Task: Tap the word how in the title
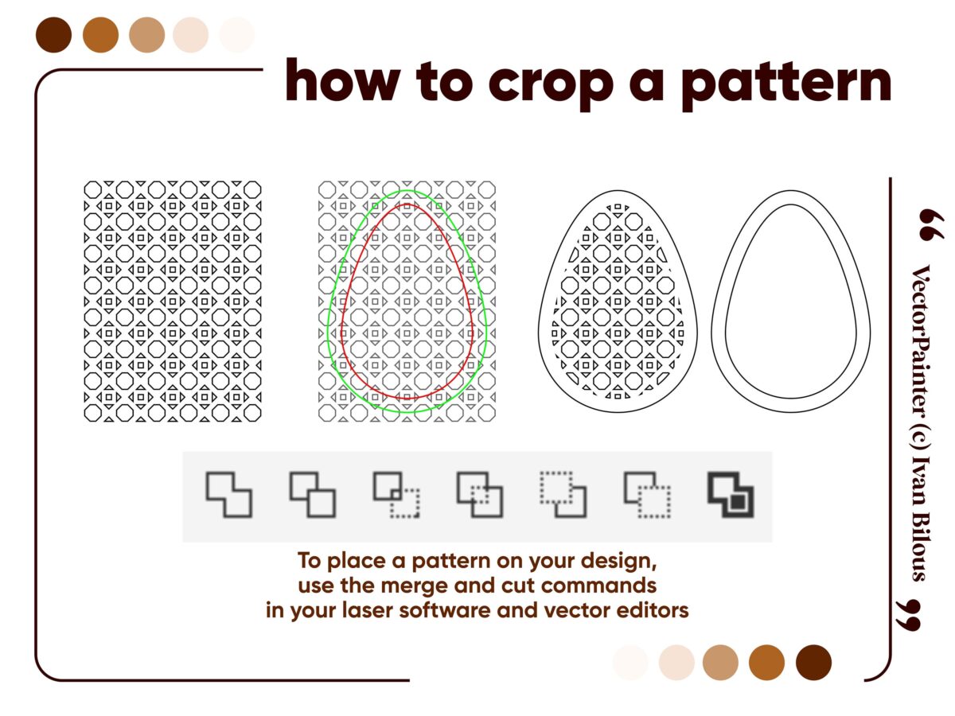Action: (342, 80)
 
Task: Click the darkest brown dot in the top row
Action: (53, 35)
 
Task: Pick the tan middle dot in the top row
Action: (147, 35)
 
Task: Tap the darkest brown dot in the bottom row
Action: (813, 662)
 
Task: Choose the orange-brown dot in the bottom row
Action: (766, 662)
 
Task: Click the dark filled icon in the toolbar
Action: (731, 494)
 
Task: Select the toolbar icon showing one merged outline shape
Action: (229, 494)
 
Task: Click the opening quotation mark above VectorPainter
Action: (930, 224)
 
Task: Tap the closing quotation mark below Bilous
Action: (909, 615)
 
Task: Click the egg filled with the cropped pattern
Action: (618, 301)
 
